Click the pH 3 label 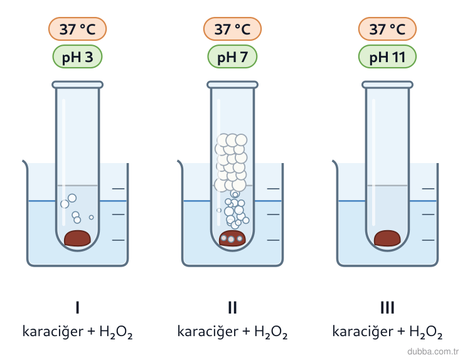[x=77, y=56]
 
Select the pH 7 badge [x=232, y=56]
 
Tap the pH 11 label [x=387, y=56]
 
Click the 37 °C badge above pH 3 [x=77, y=29]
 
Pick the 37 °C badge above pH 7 [x=232, y=29]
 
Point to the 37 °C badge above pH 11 [x=387, y=29]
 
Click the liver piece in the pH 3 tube [x=77, y=238]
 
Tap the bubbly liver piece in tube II [x=232, y=238]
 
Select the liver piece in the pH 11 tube [x=387, y=238]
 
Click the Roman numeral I [x=77, y=307]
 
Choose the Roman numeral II [x=232, y=307]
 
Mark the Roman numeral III [x=387, y=307]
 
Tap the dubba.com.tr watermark [x=433, y=352]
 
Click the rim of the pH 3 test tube [x=77, y=85]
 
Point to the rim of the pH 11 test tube [x=387, y=85]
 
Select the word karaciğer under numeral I [x=53, y=332]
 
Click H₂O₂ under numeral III [x=426, y=332]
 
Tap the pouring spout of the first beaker [x=25, y=163]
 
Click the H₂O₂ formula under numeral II [x=270, y=332]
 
